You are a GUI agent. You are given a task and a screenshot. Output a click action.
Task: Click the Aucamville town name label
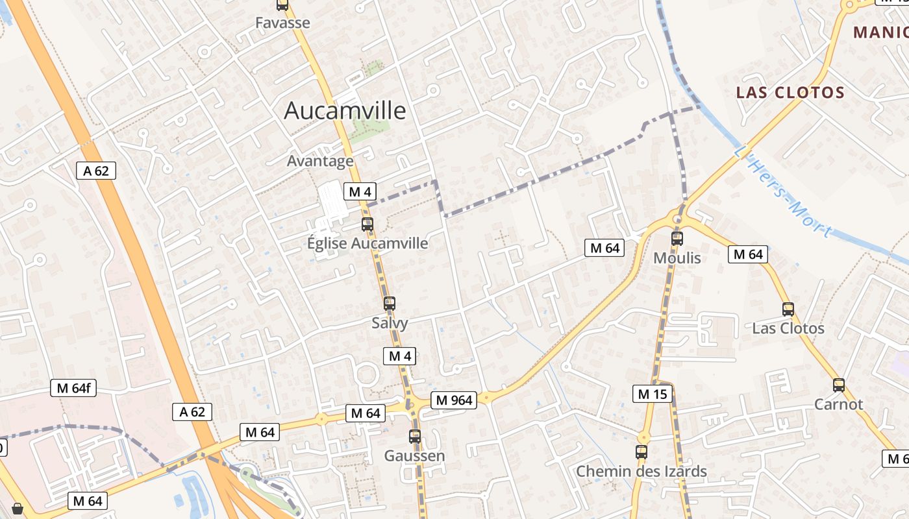pos(345,111)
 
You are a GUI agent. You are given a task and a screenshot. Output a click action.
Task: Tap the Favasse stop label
pos(282,23)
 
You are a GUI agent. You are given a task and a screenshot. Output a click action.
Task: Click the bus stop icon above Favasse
pos(282,5)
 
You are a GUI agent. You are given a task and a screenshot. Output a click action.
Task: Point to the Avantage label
pos(320,161)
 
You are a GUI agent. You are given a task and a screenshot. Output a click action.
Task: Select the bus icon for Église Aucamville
pos(367,224)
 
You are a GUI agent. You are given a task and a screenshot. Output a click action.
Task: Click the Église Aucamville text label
pos(367,243)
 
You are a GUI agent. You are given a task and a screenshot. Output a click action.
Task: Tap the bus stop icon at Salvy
pos(390,303)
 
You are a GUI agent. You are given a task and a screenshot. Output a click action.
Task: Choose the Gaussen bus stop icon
pos(415,437)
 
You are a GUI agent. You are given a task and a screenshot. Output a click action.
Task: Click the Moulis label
pos(677,258)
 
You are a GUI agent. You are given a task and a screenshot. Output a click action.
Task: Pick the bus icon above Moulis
pos(677,238)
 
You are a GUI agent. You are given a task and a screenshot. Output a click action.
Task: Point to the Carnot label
pos(839,404)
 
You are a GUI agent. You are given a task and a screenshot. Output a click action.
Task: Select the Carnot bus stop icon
pos(839,385)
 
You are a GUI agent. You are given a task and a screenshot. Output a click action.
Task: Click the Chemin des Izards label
pos(641,472)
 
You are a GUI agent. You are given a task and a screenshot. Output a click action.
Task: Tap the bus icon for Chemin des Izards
pos(641,452)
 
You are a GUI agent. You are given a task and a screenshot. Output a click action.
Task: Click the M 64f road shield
pos(73,389)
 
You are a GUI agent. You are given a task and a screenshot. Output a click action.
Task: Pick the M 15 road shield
pos(653,394)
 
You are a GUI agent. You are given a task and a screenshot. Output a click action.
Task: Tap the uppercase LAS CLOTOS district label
pos(790,92)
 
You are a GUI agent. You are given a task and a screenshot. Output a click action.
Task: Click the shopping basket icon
pos(18,509)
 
